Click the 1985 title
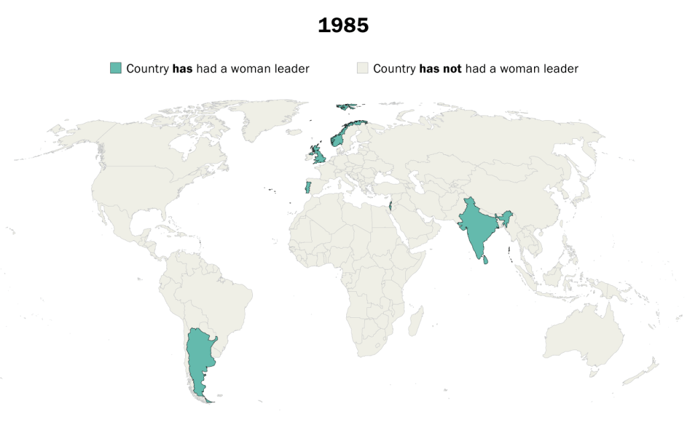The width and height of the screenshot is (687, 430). (x=343, y=25)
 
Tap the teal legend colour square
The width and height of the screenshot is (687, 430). (x=116, y=68)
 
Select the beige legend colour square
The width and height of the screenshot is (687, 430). (x=363, y=68)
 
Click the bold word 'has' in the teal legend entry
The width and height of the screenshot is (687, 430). (x=182, y=68)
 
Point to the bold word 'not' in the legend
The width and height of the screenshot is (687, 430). (x=452, y=68)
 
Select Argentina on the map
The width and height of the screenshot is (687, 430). (x=199, y=356)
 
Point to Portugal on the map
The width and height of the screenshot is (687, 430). (x=307, y=187)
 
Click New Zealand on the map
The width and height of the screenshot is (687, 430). (x=647, y=369)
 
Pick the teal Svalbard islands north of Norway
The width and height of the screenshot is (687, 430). (x=348, y=106)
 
